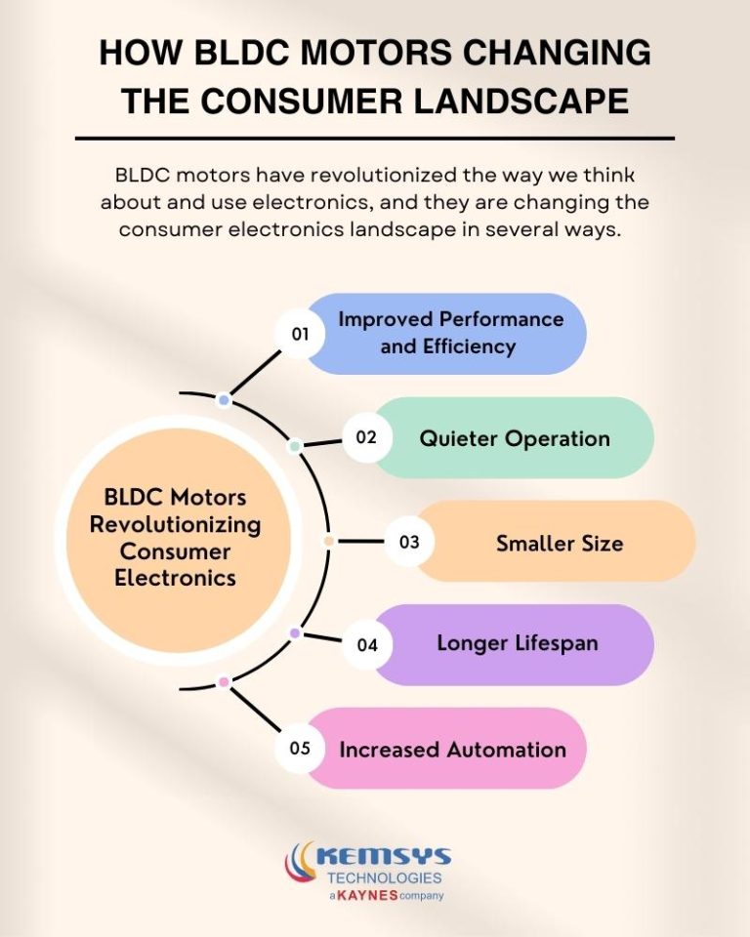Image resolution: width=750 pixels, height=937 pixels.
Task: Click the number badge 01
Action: point(300,334)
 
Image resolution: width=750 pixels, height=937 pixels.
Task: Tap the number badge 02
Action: point(366,437)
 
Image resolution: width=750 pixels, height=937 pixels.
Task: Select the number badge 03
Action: point(409,541)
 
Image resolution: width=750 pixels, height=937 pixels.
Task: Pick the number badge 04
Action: point(367,645)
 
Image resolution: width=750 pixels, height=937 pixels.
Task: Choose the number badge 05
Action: point(300,749)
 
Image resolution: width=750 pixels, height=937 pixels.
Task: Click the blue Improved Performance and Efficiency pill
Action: point(451,333)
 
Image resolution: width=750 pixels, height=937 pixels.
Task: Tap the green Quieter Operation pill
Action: point(515,438)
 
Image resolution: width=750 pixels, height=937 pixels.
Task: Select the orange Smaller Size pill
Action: point(559,543)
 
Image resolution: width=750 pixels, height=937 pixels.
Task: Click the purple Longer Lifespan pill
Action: point(517,644)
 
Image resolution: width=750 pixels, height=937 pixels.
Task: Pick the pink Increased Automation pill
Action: point(452,750)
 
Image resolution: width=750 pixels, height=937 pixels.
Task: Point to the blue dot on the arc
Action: point(224,400)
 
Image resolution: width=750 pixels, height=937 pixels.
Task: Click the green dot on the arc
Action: point(294,446)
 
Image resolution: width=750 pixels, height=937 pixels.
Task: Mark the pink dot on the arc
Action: point(224,681)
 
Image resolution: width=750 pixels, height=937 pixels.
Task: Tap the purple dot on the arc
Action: point(295,633)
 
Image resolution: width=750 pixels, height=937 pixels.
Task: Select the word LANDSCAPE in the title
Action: point(519,101)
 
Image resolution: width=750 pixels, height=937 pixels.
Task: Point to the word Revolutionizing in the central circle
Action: point(176,524)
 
